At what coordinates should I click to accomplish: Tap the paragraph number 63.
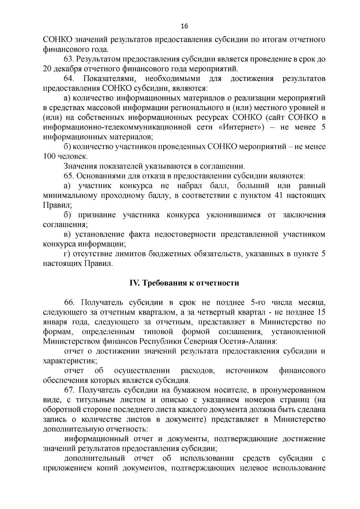(x=69, y=59)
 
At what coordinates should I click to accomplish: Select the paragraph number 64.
(x=69, y=79)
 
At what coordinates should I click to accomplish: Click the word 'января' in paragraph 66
(x=53, y=322)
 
